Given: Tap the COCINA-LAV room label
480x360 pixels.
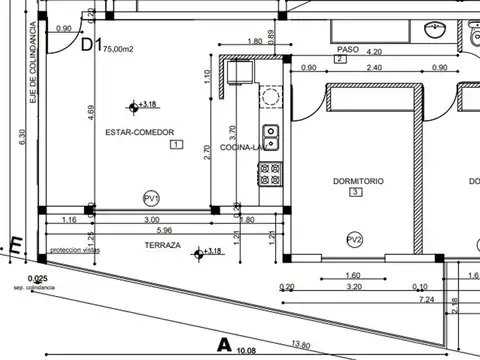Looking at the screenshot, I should [x=242, y=147].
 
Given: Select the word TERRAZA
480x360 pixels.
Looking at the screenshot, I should [x=162, y=244].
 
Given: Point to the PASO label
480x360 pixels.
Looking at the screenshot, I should [x=348, y=48].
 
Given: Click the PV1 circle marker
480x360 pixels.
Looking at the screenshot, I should [x=151, y=197].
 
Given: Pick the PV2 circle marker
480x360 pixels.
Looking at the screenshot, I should [x=354, y=240].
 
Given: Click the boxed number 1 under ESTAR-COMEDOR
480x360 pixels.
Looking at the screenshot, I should [x=176, y=145].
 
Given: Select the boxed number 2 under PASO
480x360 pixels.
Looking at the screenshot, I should [x=340, y=60].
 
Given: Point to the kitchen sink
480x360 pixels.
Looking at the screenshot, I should [x=270, y=133].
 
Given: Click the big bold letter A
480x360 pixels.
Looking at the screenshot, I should [x=225, y=346].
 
